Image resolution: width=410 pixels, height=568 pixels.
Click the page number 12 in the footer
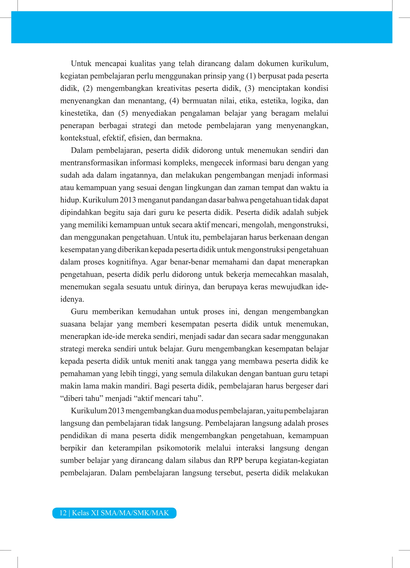63,513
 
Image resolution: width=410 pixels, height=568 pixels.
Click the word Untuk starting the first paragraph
81,64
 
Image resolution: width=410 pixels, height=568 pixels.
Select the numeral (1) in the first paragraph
251,76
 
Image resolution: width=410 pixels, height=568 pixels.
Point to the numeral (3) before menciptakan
249,88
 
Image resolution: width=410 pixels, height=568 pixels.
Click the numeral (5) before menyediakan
123,113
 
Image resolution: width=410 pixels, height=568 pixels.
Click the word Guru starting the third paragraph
79,312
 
